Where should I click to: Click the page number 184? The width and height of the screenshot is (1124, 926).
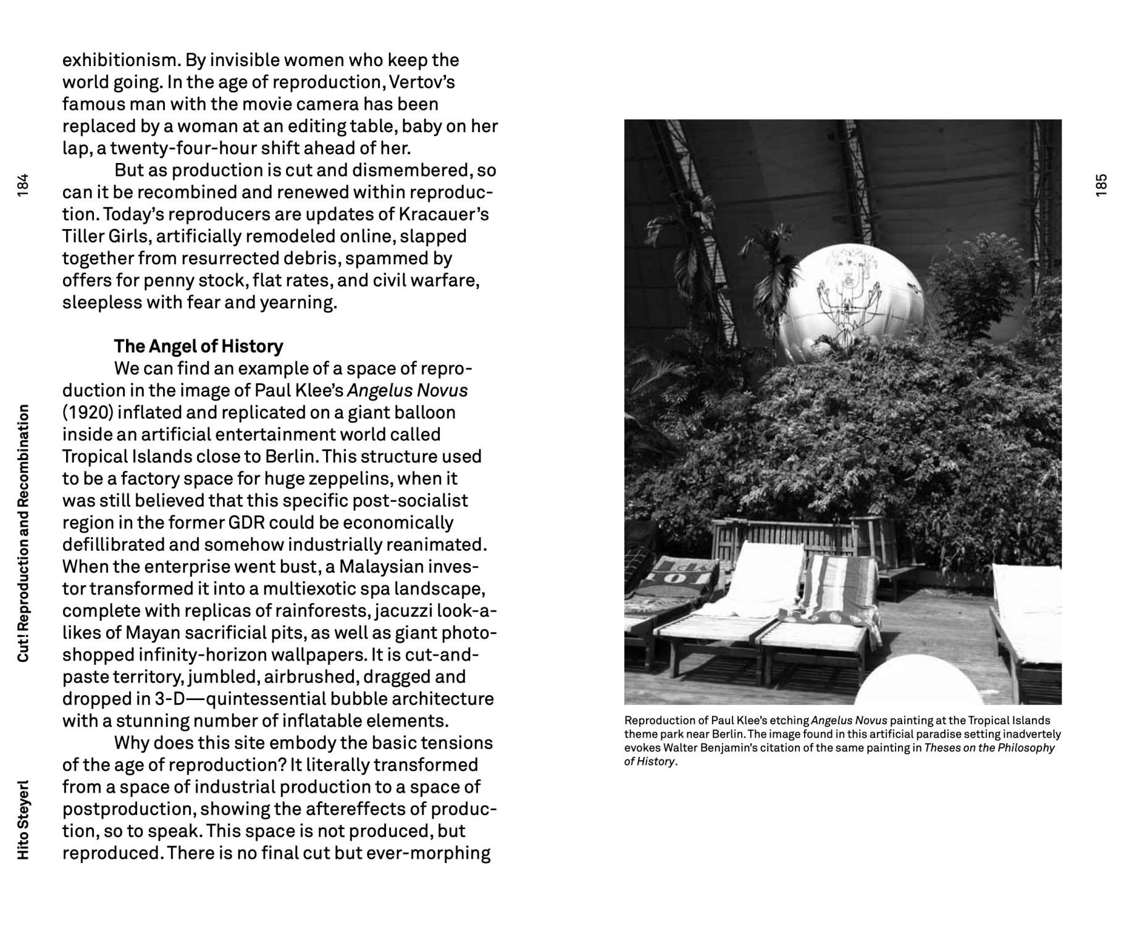pyautogui.click(x=23, y=185)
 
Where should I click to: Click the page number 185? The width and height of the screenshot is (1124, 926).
pyautogui.click(x=1101, y=185)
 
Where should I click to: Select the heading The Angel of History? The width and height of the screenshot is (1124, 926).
pyautogui.click(x=198, y=346)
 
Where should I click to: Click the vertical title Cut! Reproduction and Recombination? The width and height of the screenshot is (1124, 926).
pyautogui.click(x=23, y=533)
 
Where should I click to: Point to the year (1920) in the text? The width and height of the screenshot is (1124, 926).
pyautogui.click(x=87, y=412)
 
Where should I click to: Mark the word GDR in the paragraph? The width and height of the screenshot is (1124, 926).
pyautogui.click(x=246, y=522)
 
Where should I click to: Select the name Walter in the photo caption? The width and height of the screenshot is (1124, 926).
pyautogui.click(x=679, y=748)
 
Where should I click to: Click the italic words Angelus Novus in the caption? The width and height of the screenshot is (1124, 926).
pyautogui.click(x=849, y=720)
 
